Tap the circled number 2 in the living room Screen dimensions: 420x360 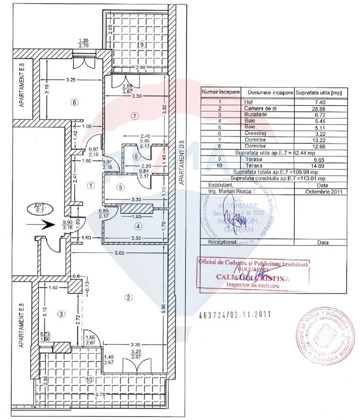[128, 297]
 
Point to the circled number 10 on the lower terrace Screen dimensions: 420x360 [89, 379]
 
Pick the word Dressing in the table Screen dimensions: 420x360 [255, 133]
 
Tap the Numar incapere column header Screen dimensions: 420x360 [220, 92]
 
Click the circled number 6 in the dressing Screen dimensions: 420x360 [136, 157]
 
